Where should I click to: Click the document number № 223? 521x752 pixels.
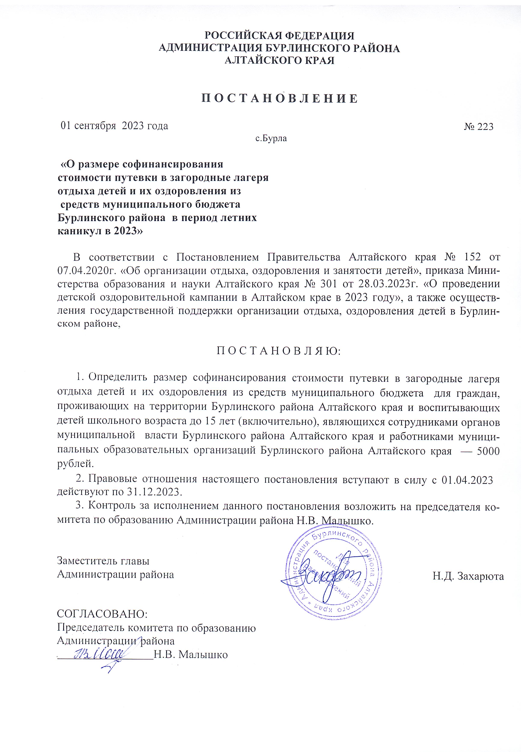(479, 126)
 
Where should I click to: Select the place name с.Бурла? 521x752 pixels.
(271, 138)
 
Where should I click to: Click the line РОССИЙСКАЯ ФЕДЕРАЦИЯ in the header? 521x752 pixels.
(279, 36)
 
